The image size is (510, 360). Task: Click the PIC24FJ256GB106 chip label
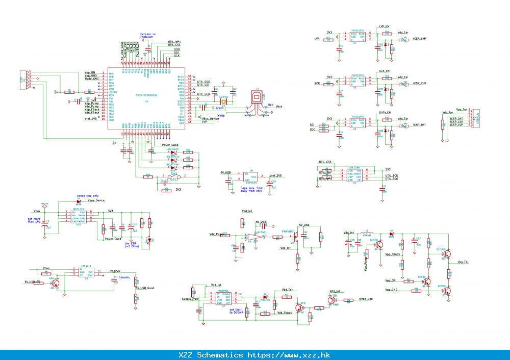point(146,95)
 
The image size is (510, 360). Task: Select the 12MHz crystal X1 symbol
point(223,101)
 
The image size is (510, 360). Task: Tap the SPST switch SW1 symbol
point(173,176)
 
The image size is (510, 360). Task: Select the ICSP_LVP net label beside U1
point(420,39)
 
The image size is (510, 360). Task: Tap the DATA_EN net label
point(385,112)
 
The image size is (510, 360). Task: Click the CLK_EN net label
point(384,71)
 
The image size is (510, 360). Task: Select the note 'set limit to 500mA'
point(238,311)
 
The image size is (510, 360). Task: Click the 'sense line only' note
point(88,196)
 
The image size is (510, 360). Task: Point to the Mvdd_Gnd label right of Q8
point(366,299)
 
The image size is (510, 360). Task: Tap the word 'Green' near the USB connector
point(220,108)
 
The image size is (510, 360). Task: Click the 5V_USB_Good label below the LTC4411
point(145,288)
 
